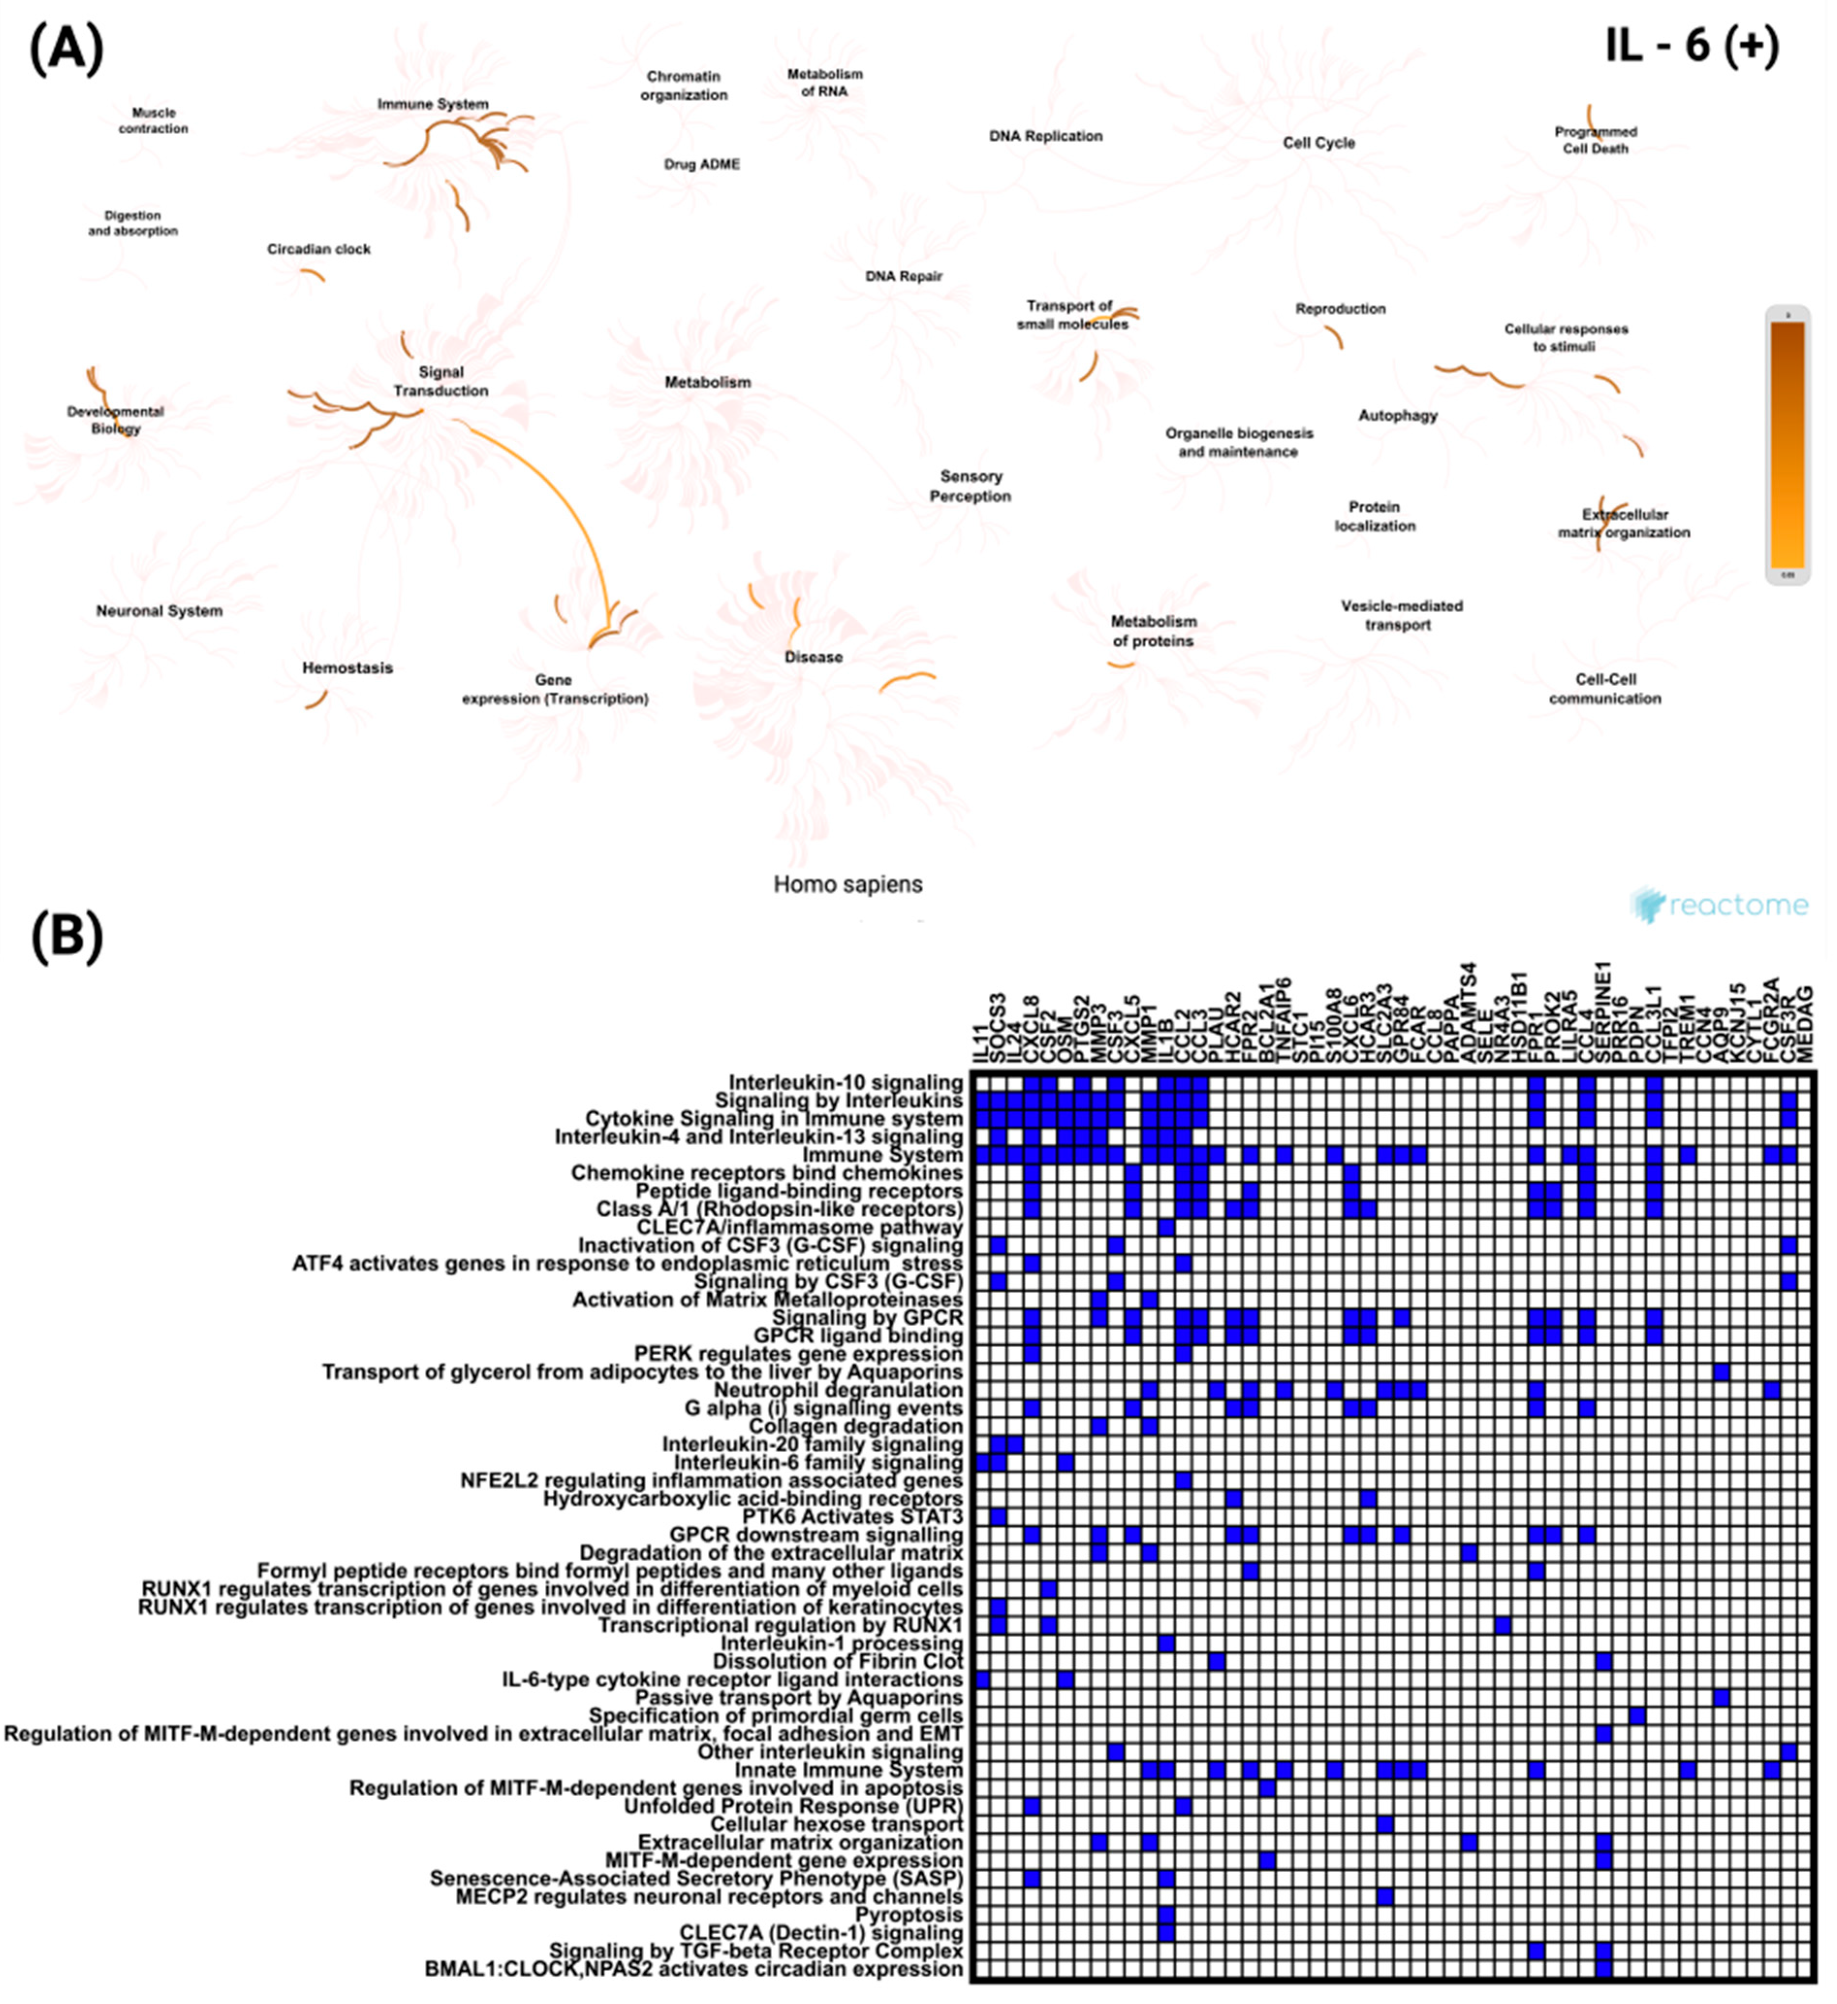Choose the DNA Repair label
[903, 276]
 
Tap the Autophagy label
[1398, 416]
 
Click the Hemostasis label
[347, 668]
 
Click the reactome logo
[1720, 904]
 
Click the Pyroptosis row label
[908, 1914]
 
